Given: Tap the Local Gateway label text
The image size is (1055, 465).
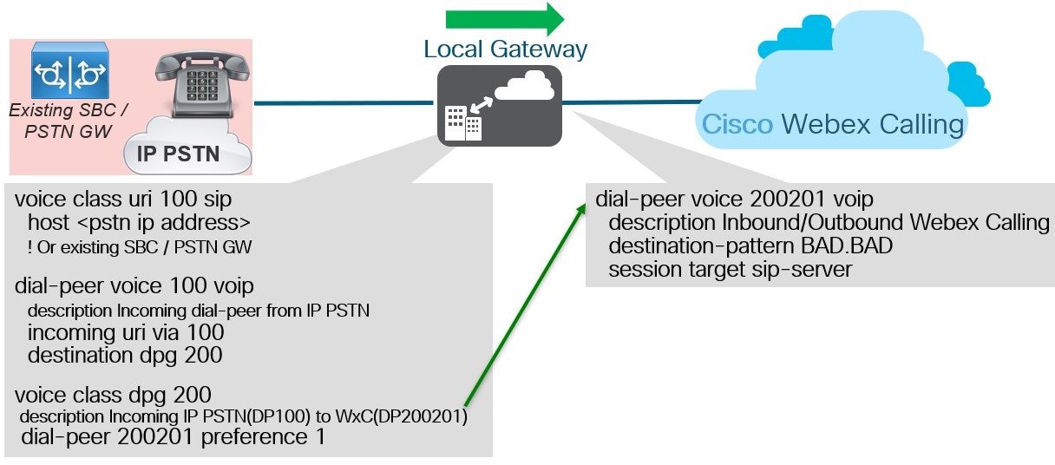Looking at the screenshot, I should point(505,49).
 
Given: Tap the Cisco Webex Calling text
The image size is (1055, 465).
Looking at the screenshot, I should point(832,124).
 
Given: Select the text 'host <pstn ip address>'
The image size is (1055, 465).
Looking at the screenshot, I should point(140,222).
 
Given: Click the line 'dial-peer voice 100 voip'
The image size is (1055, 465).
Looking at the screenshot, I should point(134,286).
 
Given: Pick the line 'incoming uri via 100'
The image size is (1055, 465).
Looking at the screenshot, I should point(126,332).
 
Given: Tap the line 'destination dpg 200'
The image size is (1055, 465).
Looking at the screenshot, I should point(125,355).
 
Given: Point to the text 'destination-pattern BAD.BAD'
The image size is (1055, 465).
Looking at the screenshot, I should point(750,246).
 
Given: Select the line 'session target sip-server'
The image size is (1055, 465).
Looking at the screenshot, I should point(730,270).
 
